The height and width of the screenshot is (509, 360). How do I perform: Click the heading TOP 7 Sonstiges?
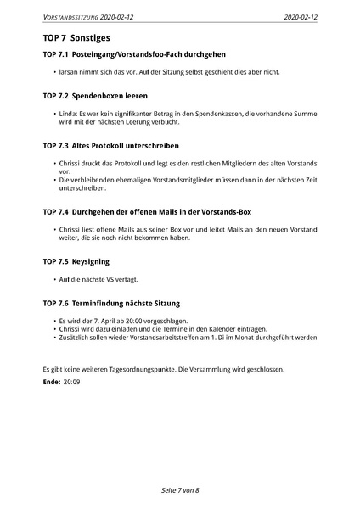76,38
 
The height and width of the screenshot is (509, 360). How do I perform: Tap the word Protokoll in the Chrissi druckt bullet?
127,162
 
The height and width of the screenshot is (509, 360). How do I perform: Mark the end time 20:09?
71,383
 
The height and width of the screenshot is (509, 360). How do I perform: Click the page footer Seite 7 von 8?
179,490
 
